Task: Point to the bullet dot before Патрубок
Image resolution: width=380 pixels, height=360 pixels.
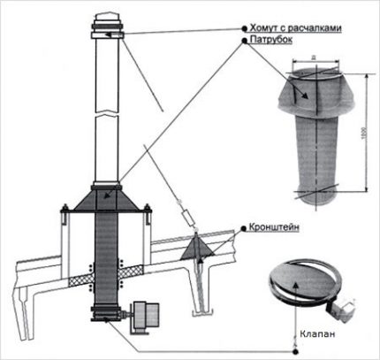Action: pyautogui.click(x=239, y=41)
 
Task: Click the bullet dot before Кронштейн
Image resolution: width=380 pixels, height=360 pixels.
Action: pyautogui.click(x=241, y=227)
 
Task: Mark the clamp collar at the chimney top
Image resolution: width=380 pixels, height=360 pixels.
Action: pyautogui.click(x=106, y=34)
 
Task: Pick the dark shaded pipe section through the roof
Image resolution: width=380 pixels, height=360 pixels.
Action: pyautogui.click(x=106, y=257)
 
